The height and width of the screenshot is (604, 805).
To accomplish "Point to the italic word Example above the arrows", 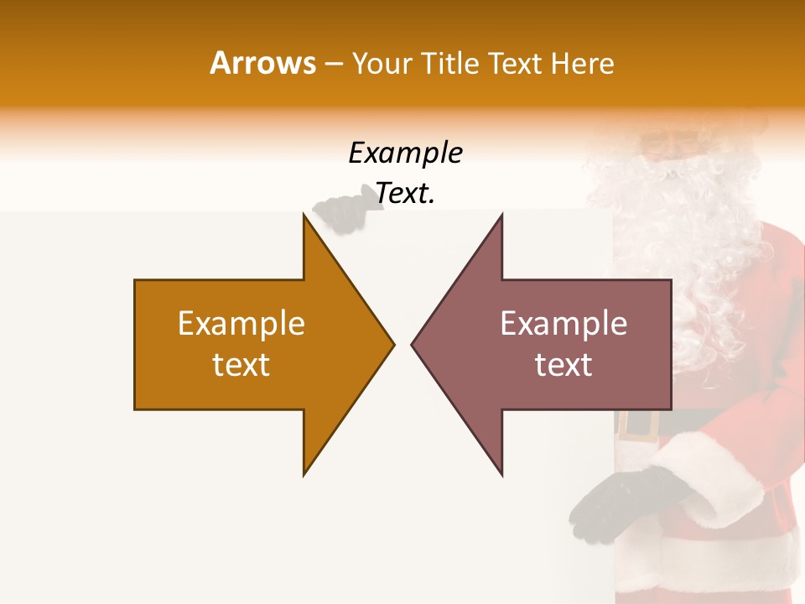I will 406,154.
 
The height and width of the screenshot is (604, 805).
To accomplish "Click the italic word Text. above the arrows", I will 406,195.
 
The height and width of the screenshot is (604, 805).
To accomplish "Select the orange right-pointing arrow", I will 252,344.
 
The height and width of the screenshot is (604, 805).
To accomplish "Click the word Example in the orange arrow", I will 241,324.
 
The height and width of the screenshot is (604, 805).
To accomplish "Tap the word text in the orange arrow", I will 241,365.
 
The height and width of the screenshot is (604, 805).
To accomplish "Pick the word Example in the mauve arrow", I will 563,324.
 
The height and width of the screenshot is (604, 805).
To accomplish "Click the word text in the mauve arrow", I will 563,365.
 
